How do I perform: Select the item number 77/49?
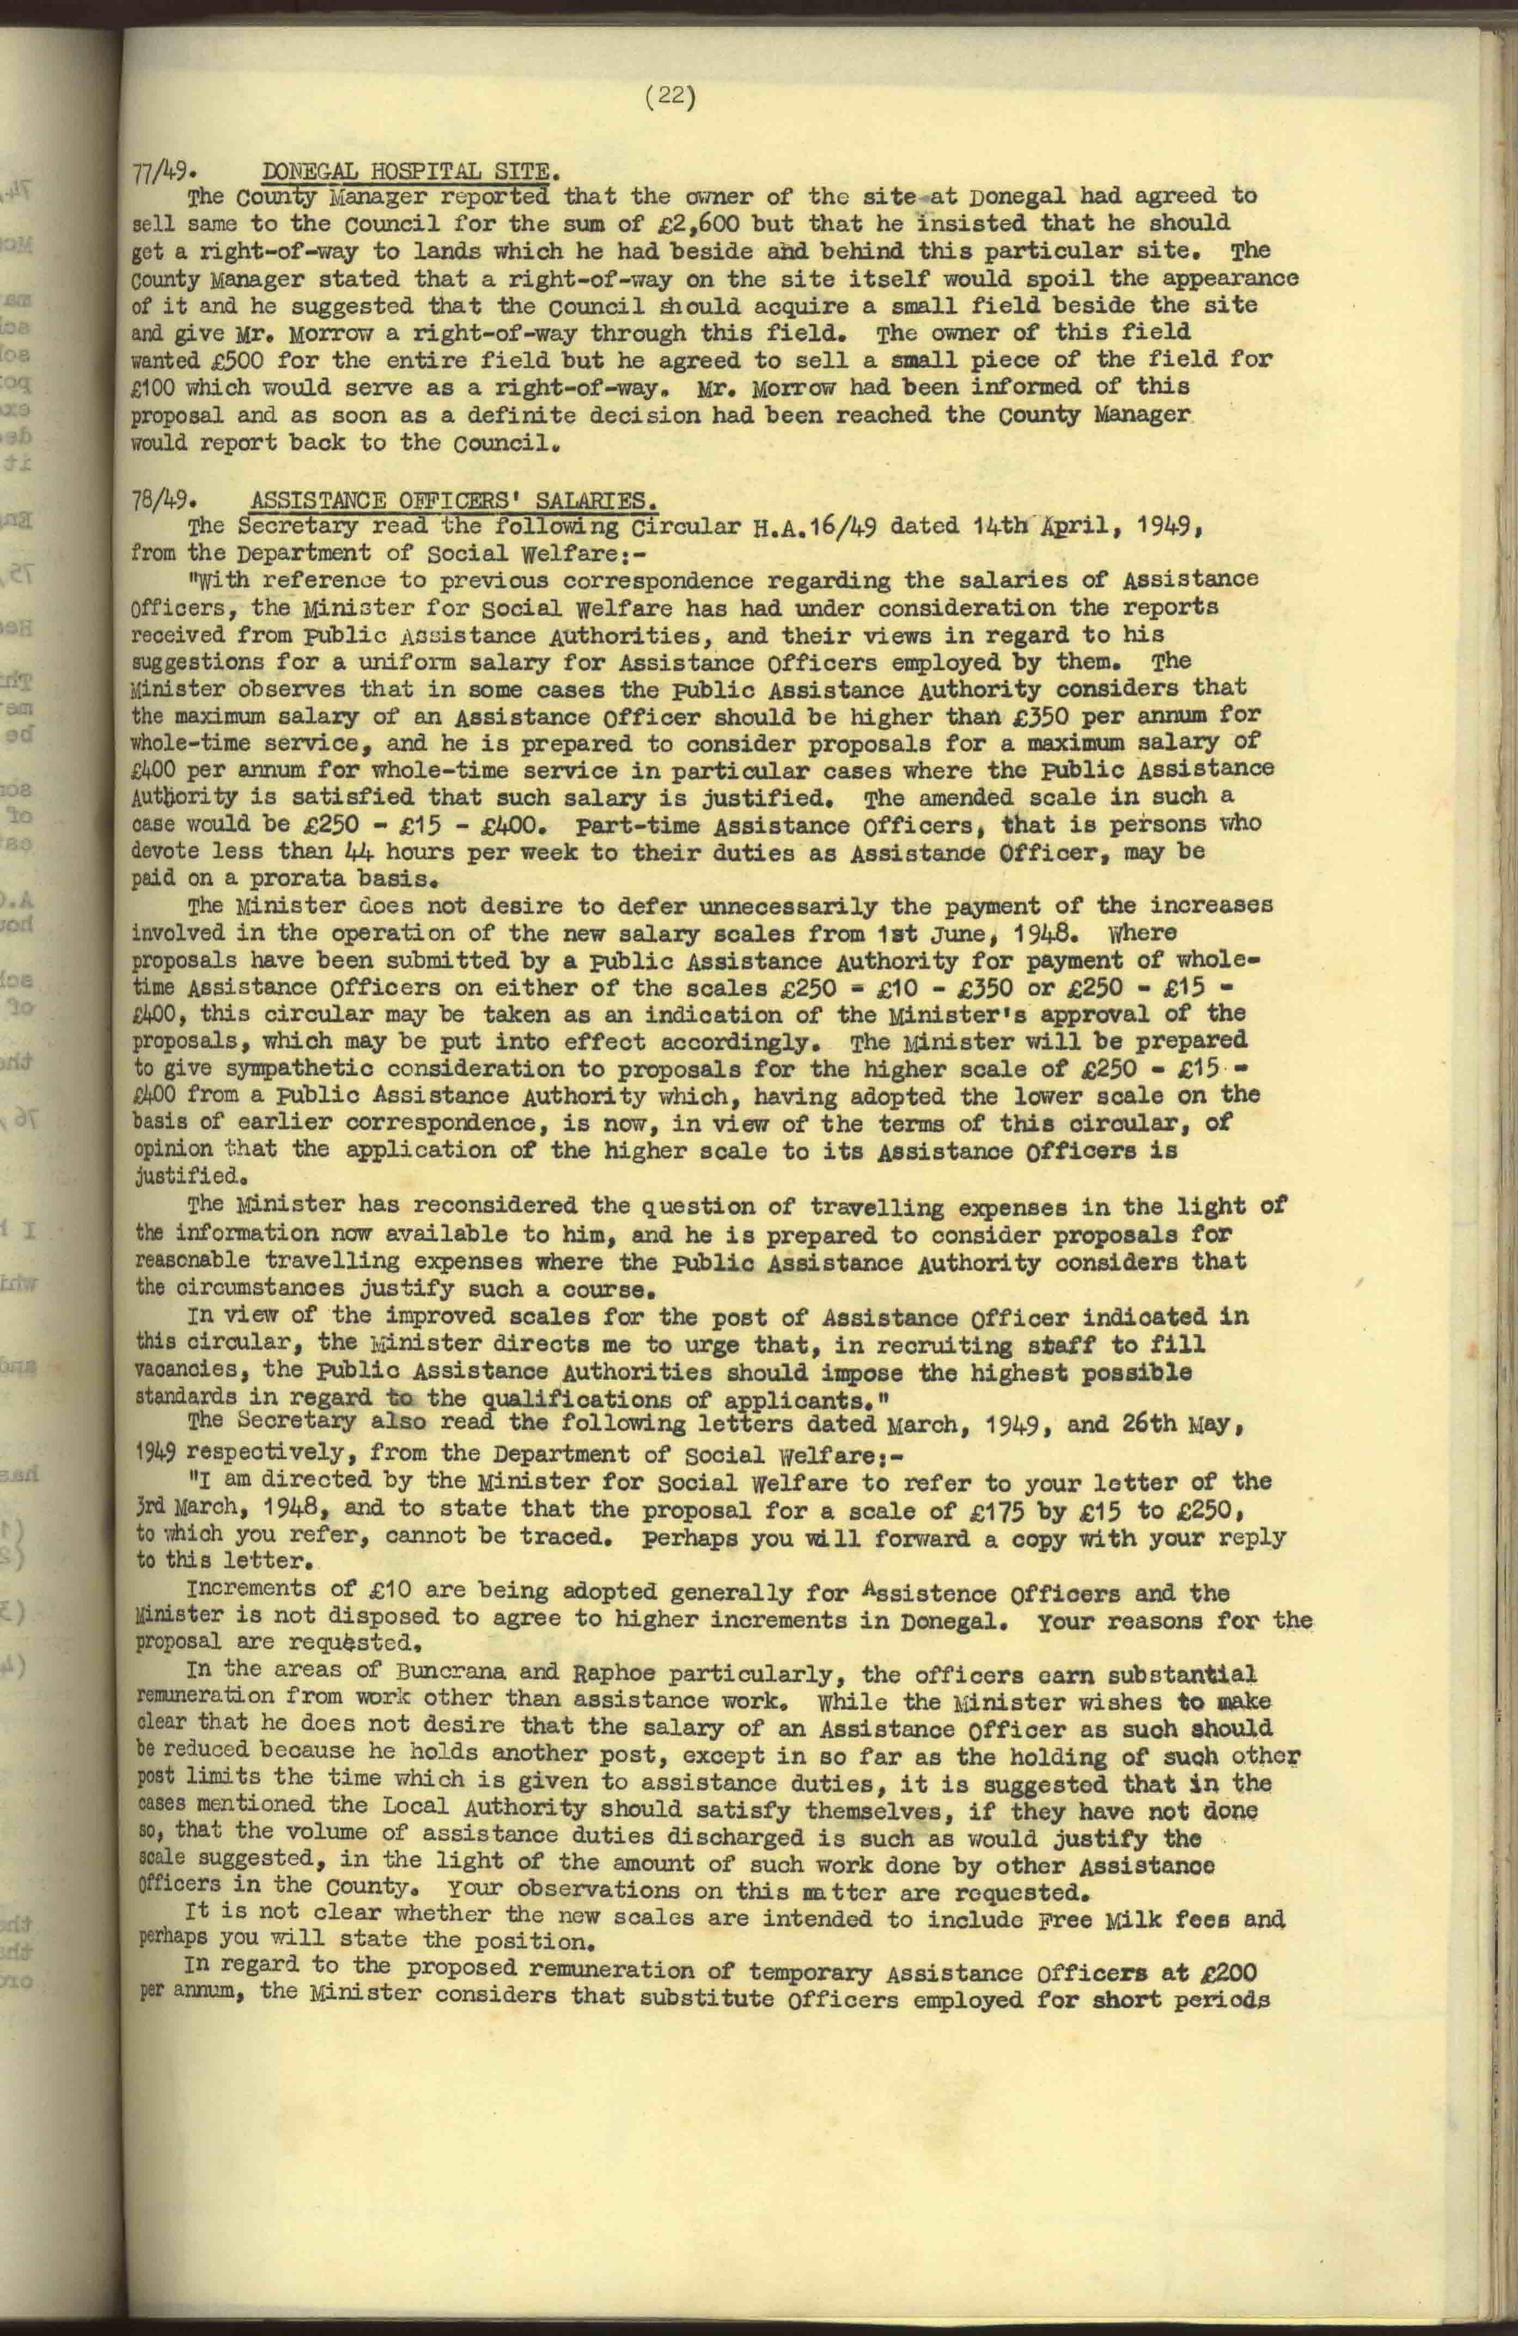coord(159,175)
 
